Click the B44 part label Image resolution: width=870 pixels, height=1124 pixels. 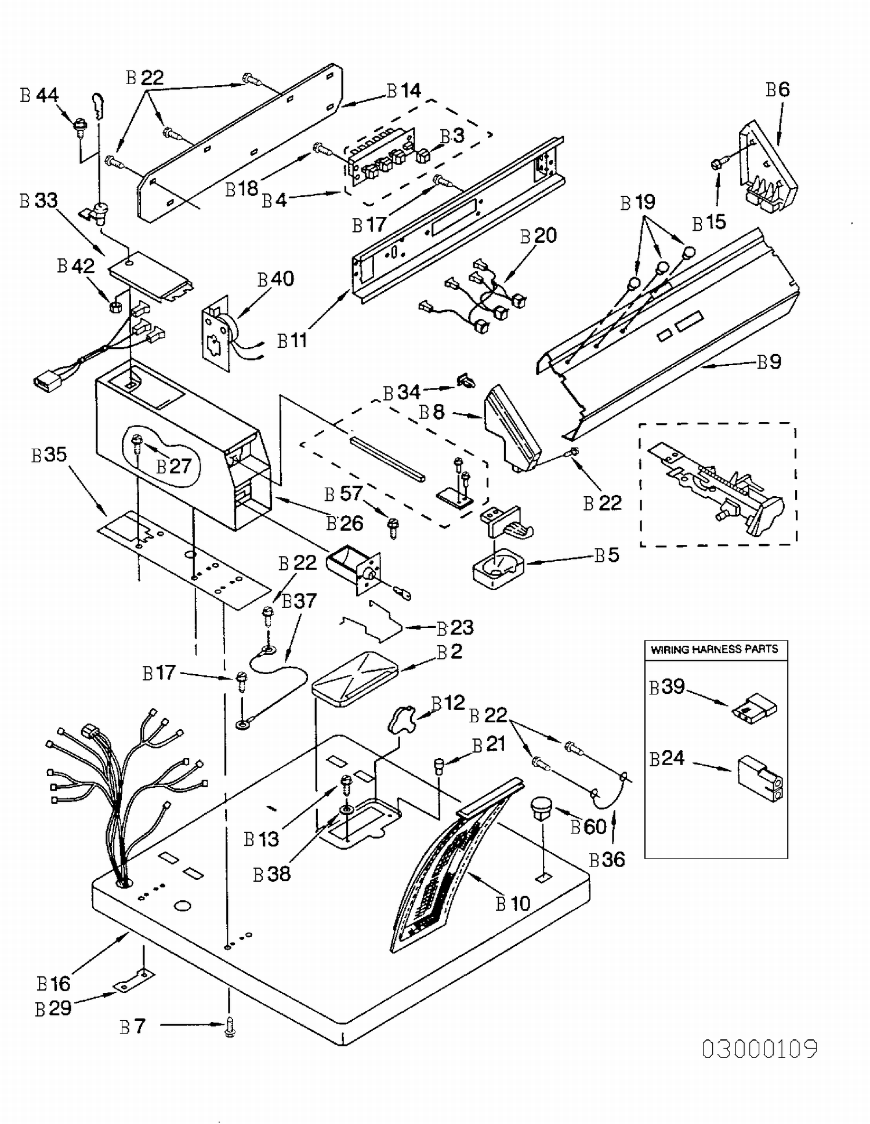[39, 95]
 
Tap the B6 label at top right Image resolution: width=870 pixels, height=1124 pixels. [778, 90]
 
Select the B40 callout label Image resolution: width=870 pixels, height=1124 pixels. [276, 279]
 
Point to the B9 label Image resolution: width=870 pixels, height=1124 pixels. [770, 362]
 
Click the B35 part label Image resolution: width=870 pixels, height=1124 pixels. [49, 454]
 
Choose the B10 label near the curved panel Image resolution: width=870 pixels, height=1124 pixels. [513, 903]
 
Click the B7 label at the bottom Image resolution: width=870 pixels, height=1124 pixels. [132, 1027]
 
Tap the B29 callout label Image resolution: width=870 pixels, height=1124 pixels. [53, 1009]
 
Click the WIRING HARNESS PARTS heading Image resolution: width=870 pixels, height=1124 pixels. [715, 649]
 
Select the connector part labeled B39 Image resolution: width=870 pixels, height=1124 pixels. [754, 708]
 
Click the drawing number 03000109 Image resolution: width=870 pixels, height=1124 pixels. [760, 1049]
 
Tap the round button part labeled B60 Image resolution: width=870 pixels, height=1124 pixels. [541, 809]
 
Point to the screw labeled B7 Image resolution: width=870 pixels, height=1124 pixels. [230, 1028]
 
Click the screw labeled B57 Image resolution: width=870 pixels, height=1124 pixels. [393, 528]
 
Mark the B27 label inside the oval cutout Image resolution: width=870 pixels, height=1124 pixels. [174, 467]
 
